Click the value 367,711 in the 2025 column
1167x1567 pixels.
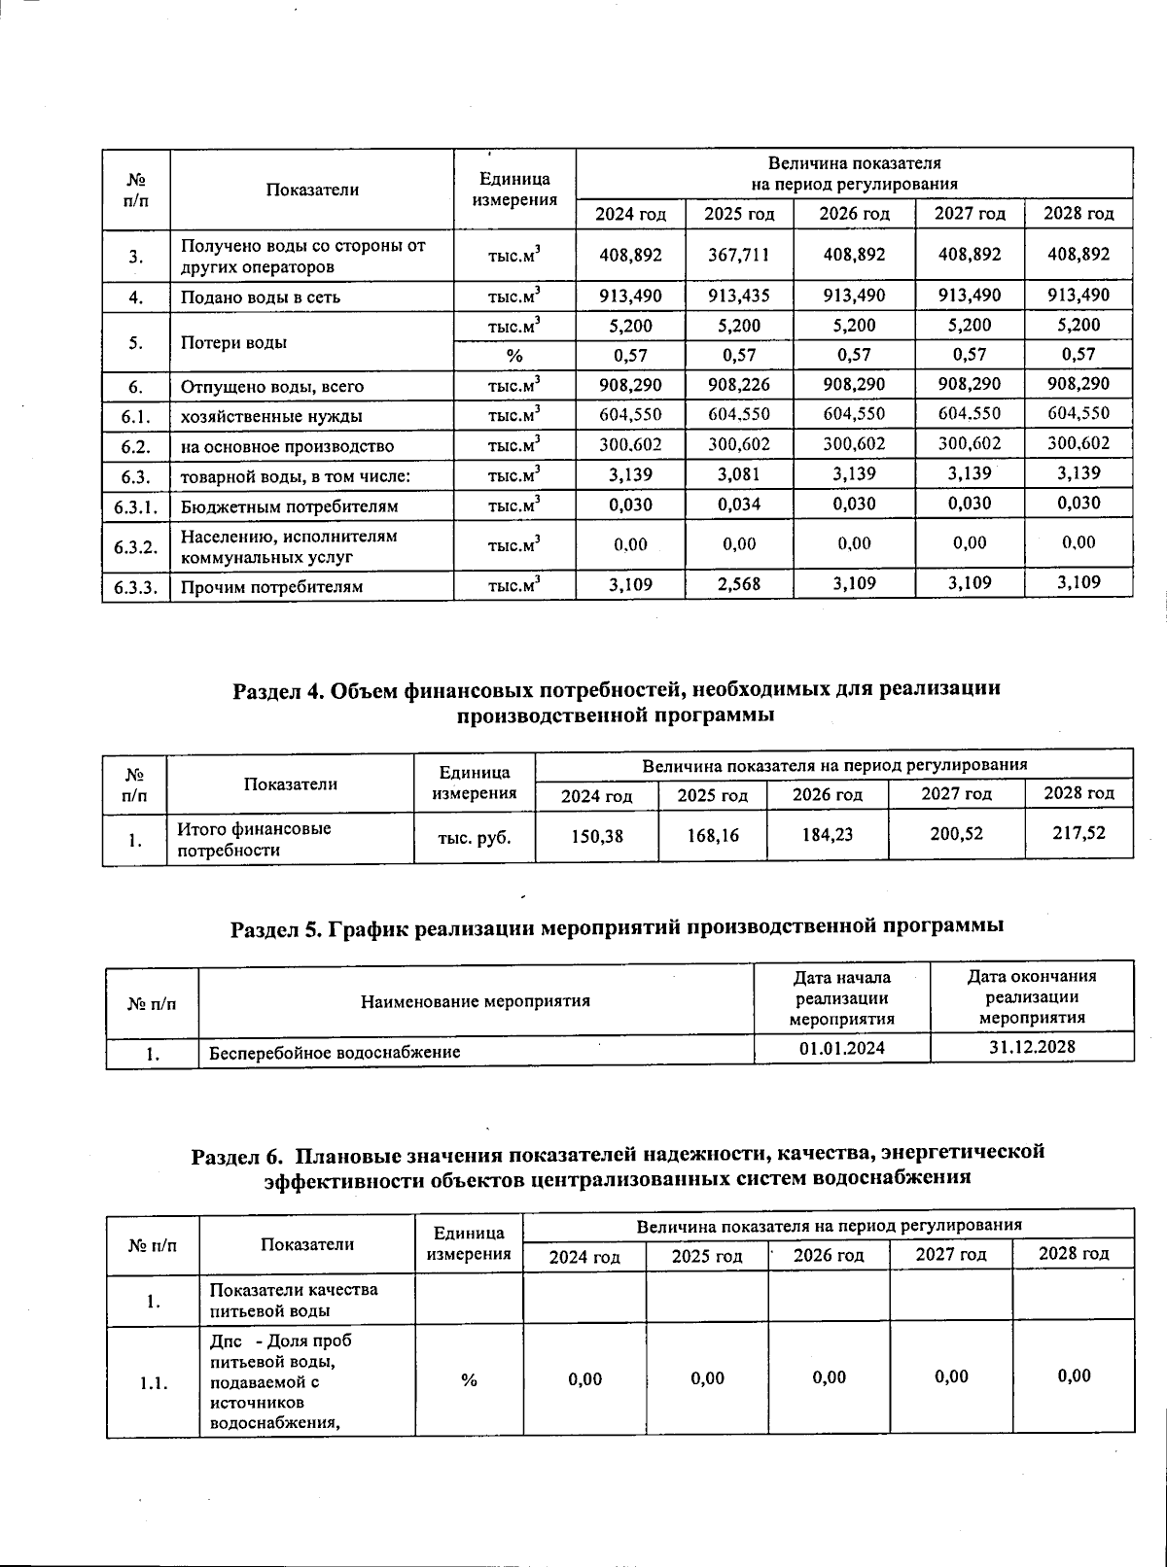(x=739, y=256)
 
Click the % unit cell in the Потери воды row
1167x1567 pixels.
(x=514, y=356)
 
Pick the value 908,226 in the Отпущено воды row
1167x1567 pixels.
(x=739, y=385)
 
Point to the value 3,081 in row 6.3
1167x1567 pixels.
(x=739, y=474)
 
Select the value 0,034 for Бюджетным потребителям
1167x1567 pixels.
(x=739, y=505)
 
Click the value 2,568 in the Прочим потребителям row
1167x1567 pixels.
(x=739, y=584)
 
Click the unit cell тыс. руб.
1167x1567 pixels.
(x=475, y=836)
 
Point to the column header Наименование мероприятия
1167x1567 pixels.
(x=476, y=1001)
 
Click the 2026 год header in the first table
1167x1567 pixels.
(x=854, y=214)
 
